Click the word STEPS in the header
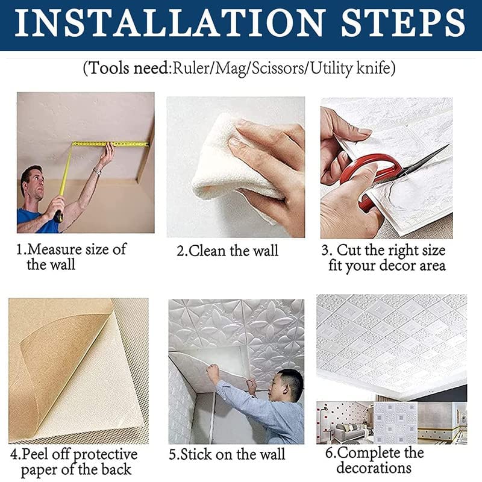point(403,23)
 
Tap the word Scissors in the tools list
point(278,67)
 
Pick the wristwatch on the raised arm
point(97,171)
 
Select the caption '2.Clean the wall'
point(228,251)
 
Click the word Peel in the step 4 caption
point(35,454)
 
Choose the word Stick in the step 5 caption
point(197,454)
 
